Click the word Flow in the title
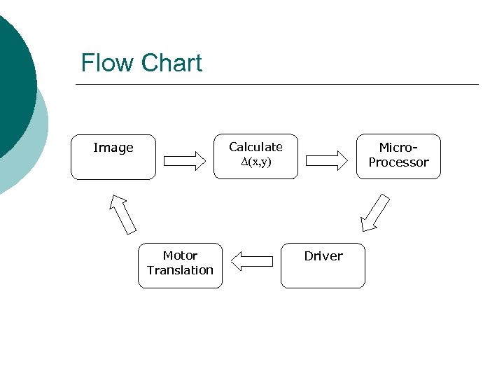(x=106, y=63)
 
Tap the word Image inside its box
(x=113, y=148)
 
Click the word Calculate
(x=255, y=147)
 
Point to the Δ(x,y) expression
(x=255, y=162)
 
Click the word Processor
(x=399, y=162)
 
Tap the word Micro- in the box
(x=398, y=148)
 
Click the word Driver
(x=323, y=256)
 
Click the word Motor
(x=180, y=255)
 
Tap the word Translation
(x=180, y=270)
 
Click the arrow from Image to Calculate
(x=185, y=161)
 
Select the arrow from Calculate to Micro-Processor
(x=327, y=161)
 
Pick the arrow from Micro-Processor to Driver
(x=374, y=213)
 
